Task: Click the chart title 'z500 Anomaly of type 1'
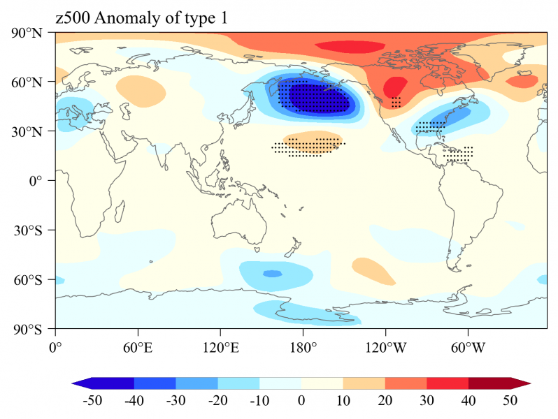(141, 20)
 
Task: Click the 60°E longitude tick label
(137, 346)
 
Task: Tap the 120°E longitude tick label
(220, 346)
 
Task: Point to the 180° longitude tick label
(302, 346)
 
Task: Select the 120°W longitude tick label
(385, 346)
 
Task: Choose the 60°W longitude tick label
(467, 346)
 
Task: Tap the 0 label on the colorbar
(301, 401)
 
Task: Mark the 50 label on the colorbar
(510, 401)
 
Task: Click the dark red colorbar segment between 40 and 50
(489, 383)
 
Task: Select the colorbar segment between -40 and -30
(155, 383)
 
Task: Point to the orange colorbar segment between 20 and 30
(406, 383)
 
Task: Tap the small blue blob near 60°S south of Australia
(272, 273)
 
